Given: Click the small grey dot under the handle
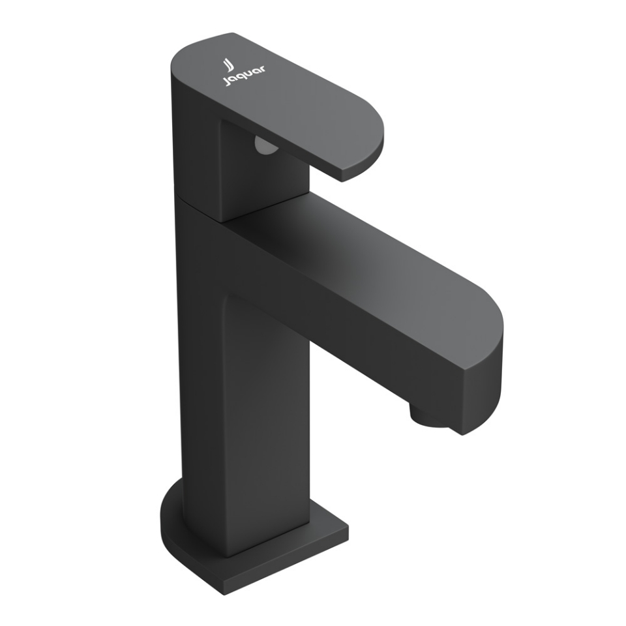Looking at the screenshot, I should click(x=264, y=147).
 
